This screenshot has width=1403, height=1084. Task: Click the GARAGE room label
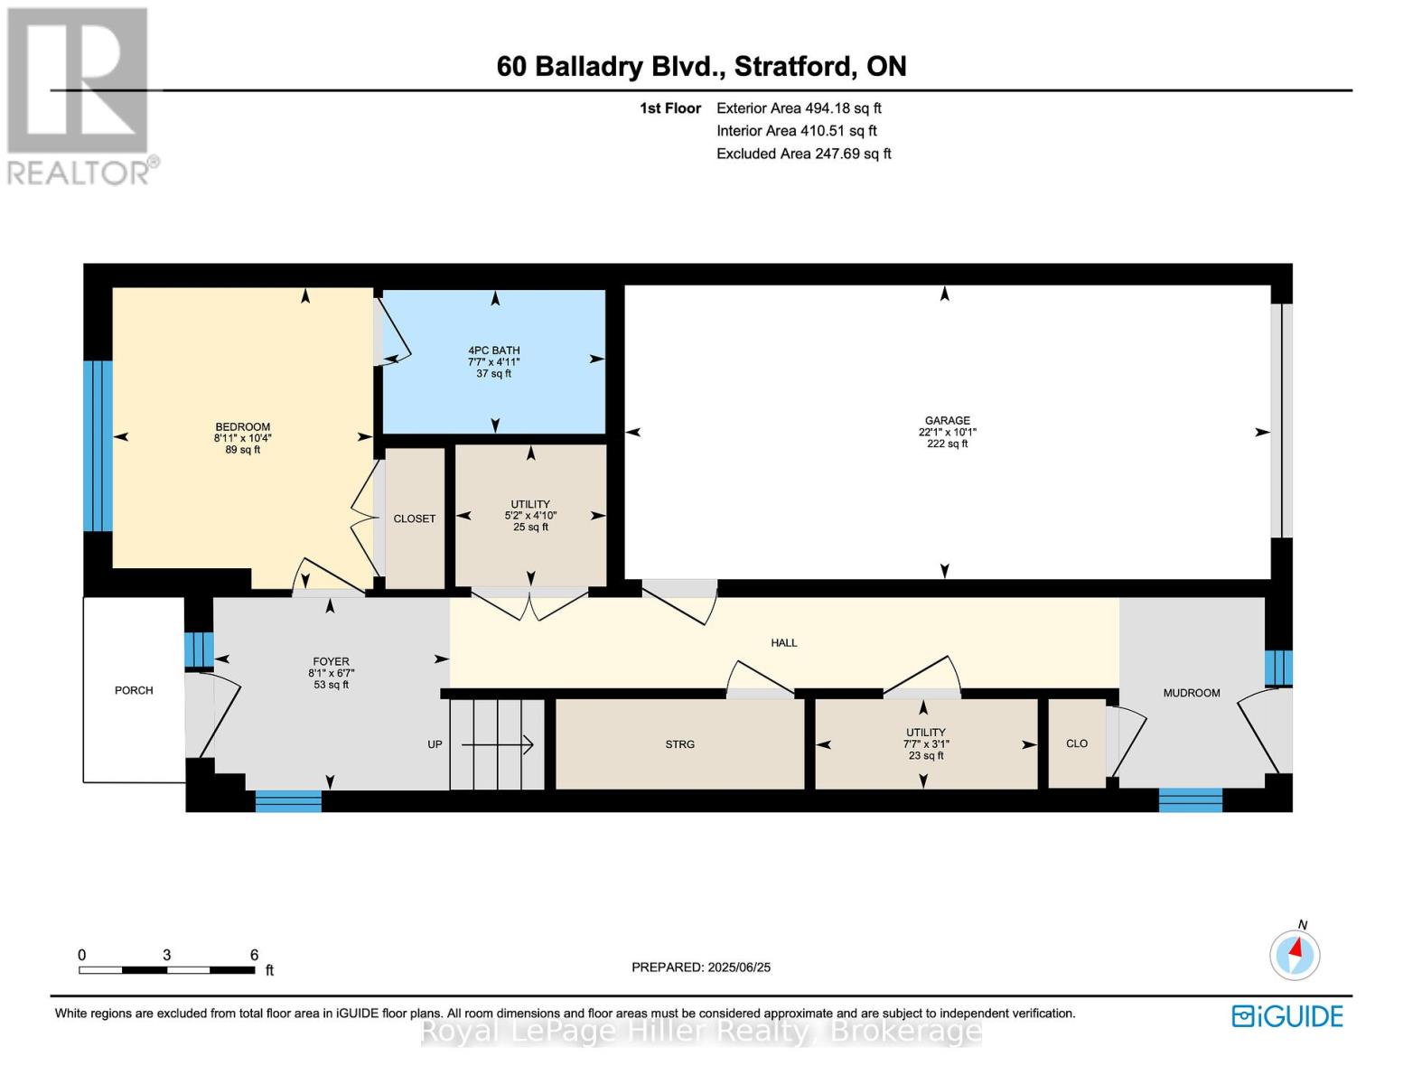(x=947, y=420)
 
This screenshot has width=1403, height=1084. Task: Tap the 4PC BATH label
(x=493, y=350)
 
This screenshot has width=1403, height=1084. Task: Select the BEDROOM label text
(x=242, y=427)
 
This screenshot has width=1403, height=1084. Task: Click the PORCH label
(x=134, y=690)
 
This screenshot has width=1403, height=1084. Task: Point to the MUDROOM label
(x=1191, y=693)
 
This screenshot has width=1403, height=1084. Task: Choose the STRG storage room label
(x=679, y=744)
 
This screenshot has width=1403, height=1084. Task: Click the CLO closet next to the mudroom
(x=1077, y=743)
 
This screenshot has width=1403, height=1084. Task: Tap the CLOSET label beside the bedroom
(x=415, y=519)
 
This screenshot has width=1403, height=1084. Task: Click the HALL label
(x=783, y=643)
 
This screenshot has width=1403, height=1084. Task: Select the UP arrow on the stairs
(x=498, y=744)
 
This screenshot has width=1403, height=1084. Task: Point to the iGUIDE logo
(x=1287, y=1016)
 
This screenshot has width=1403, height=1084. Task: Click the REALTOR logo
(x=79, y=95)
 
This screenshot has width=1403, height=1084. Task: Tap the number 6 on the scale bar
(x=254, y=955)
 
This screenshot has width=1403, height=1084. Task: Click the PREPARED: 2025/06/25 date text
(x=701, y=967)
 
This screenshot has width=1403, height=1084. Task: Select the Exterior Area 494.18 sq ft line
(x=799, y=107)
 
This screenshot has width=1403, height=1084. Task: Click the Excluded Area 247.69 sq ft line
(x=803, y=154)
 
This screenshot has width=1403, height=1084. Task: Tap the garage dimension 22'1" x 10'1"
(x=947, y=432)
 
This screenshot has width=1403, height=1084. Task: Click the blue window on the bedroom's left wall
(x=98, y=445)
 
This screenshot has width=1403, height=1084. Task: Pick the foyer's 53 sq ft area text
(x=331, y=685)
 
